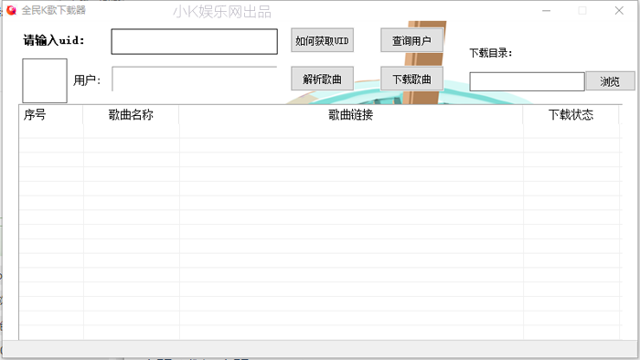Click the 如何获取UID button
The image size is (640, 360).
pos(322,41)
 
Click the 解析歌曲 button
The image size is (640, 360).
pos(322,79)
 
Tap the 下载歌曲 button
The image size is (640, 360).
pos(411,79)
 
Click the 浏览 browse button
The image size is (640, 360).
pos(610,81)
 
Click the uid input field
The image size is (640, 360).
pos(194,42)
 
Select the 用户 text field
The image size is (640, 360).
pos(194,79)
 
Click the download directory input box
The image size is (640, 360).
pos(527,81)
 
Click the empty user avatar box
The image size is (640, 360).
pos(45,80)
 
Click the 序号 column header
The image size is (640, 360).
pos(36,115)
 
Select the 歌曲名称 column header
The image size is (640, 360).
pos(131,115)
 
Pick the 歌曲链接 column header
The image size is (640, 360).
pos(351,115)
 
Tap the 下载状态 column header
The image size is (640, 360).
pos(571,115)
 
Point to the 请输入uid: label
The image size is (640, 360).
pos(54,41)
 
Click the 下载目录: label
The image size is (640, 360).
pos(491,53)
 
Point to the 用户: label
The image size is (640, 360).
pos(88,80)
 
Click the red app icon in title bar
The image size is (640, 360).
pos(11,10)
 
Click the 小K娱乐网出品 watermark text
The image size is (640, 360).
pos(221,12)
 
